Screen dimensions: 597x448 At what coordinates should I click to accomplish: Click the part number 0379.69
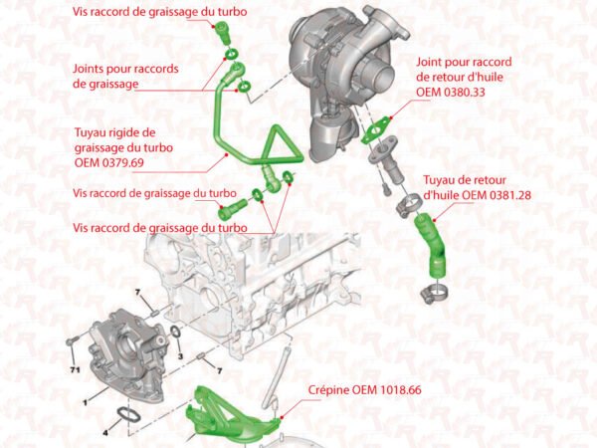click(x=123, y=162)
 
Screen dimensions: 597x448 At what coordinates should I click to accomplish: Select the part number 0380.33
click(x=464, y=93)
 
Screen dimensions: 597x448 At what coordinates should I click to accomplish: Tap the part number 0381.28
click(x=509, y=195)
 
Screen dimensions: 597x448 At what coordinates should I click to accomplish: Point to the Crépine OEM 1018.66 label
click(x=365, y=389)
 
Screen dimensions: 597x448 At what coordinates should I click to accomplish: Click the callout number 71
click(x=75, y=369)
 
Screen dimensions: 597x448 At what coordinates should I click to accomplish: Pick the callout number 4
click(x=105, y=433)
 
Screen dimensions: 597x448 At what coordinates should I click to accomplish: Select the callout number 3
click(x=180, y=356)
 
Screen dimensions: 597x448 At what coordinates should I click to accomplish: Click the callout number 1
click(x=86, y=402)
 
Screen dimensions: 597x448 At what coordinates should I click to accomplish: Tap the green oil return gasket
click(x=376, y=129)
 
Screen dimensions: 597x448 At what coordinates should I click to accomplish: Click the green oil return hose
click(x=430, y=244)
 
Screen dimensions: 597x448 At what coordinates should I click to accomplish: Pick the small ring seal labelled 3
click(x=175, y=332)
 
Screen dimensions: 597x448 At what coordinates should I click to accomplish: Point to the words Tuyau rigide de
click(x=115, y=132)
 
